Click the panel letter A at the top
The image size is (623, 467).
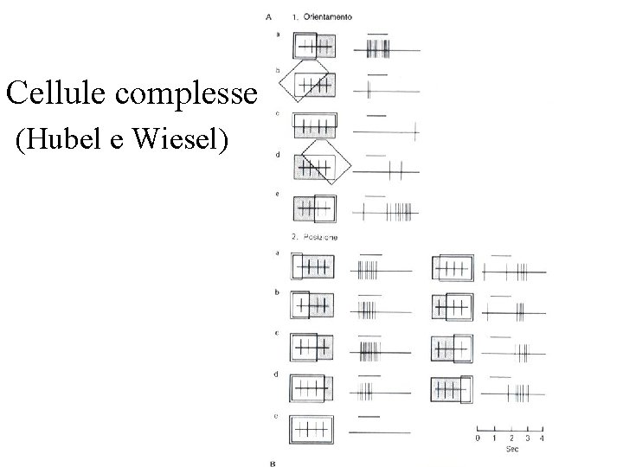(x=271, y=16)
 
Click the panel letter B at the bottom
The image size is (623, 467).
(x=273, y=463)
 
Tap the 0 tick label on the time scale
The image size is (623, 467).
(x=477, y=438)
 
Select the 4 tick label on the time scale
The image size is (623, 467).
(x=543, y=438)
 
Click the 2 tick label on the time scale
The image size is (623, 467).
(x=510, y=438)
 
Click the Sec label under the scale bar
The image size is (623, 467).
(x=512, y=450)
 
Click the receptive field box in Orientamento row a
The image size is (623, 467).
(x=314, y=46)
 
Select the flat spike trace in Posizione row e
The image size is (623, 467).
(x=382, y=431)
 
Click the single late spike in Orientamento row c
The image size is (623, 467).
(x=416, y=131)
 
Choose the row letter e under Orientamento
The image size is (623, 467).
(x=277, y=194)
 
